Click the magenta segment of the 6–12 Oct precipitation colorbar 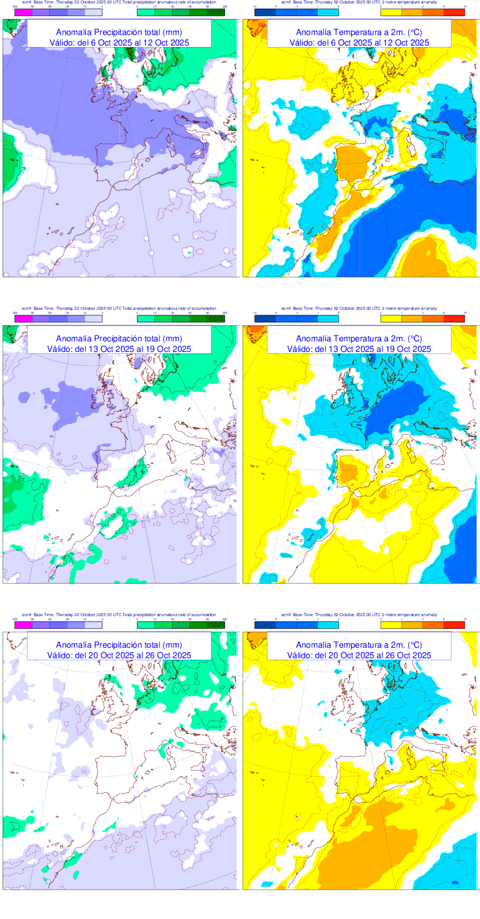point(24,12)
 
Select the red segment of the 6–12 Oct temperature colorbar point(454,12)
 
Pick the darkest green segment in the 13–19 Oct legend point(216,319)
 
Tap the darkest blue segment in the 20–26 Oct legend point(265,625)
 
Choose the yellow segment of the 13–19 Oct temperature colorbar point(391,319)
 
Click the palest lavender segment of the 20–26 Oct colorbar point(94,625)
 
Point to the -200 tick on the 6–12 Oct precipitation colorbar point(15,7)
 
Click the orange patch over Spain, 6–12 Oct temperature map point(353,163)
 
